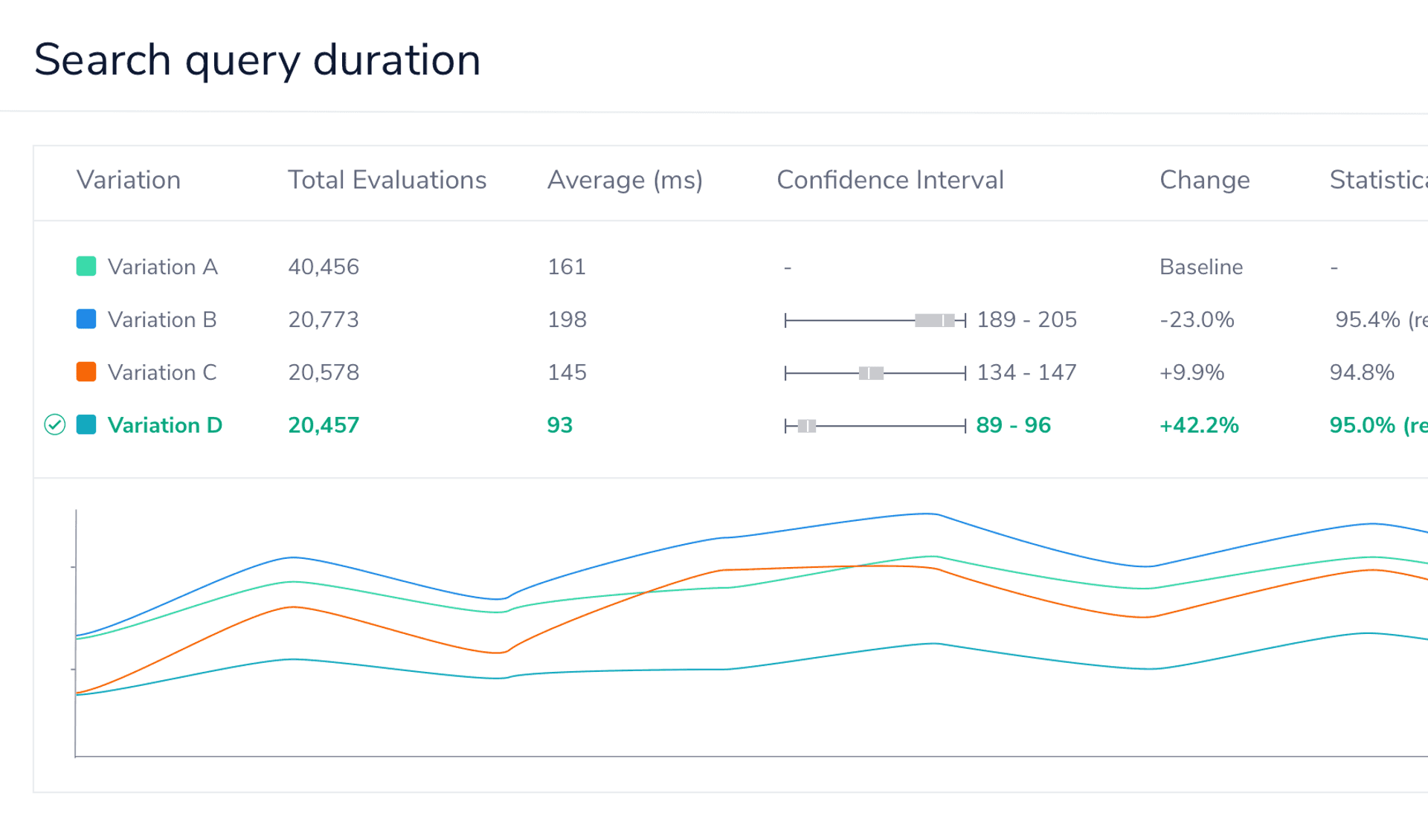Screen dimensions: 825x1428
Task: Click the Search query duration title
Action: coord(257,59)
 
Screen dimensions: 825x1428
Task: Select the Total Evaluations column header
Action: coord(387,180)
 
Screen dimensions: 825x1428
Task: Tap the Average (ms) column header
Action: coord(625,180)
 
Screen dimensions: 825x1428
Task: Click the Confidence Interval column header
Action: coord(890,180)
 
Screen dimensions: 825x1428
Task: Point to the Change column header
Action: coord(1204,180)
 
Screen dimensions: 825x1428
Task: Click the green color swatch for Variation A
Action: coord(86,266)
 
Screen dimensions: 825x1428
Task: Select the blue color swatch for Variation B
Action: coord(86,319)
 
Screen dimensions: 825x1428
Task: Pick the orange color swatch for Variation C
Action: coord(86,372)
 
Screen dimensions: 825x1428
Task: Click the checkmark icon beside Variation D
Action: coord(55,424)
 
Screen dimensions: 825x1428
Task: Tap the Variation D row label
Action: coord(165,425)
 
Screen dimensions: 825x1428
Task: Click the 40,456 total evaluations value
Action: coord(324,267)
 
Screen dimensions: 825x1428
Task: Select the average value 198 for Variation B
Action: coord(567,320)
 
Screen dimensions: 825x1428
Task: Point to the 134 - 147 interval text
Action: coord(1026,372)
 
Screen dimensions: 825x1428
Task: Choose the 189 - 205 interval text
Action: coord(1026,320)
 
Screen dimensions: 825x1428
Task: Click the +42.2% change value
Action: coord(1199,425)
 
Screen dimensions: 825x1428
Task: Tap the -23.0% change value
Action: coord(1197,320)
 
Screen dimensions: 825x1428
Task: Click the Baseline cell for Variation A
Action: coord(1201,267)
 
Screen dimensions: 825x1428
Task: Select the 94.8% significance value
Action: coord(1362,372)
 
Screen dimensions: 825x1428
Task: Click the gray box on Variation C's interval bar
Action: coord(871,373)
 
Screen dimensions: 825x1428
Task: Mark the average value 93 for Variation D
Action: coord(560,425)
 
